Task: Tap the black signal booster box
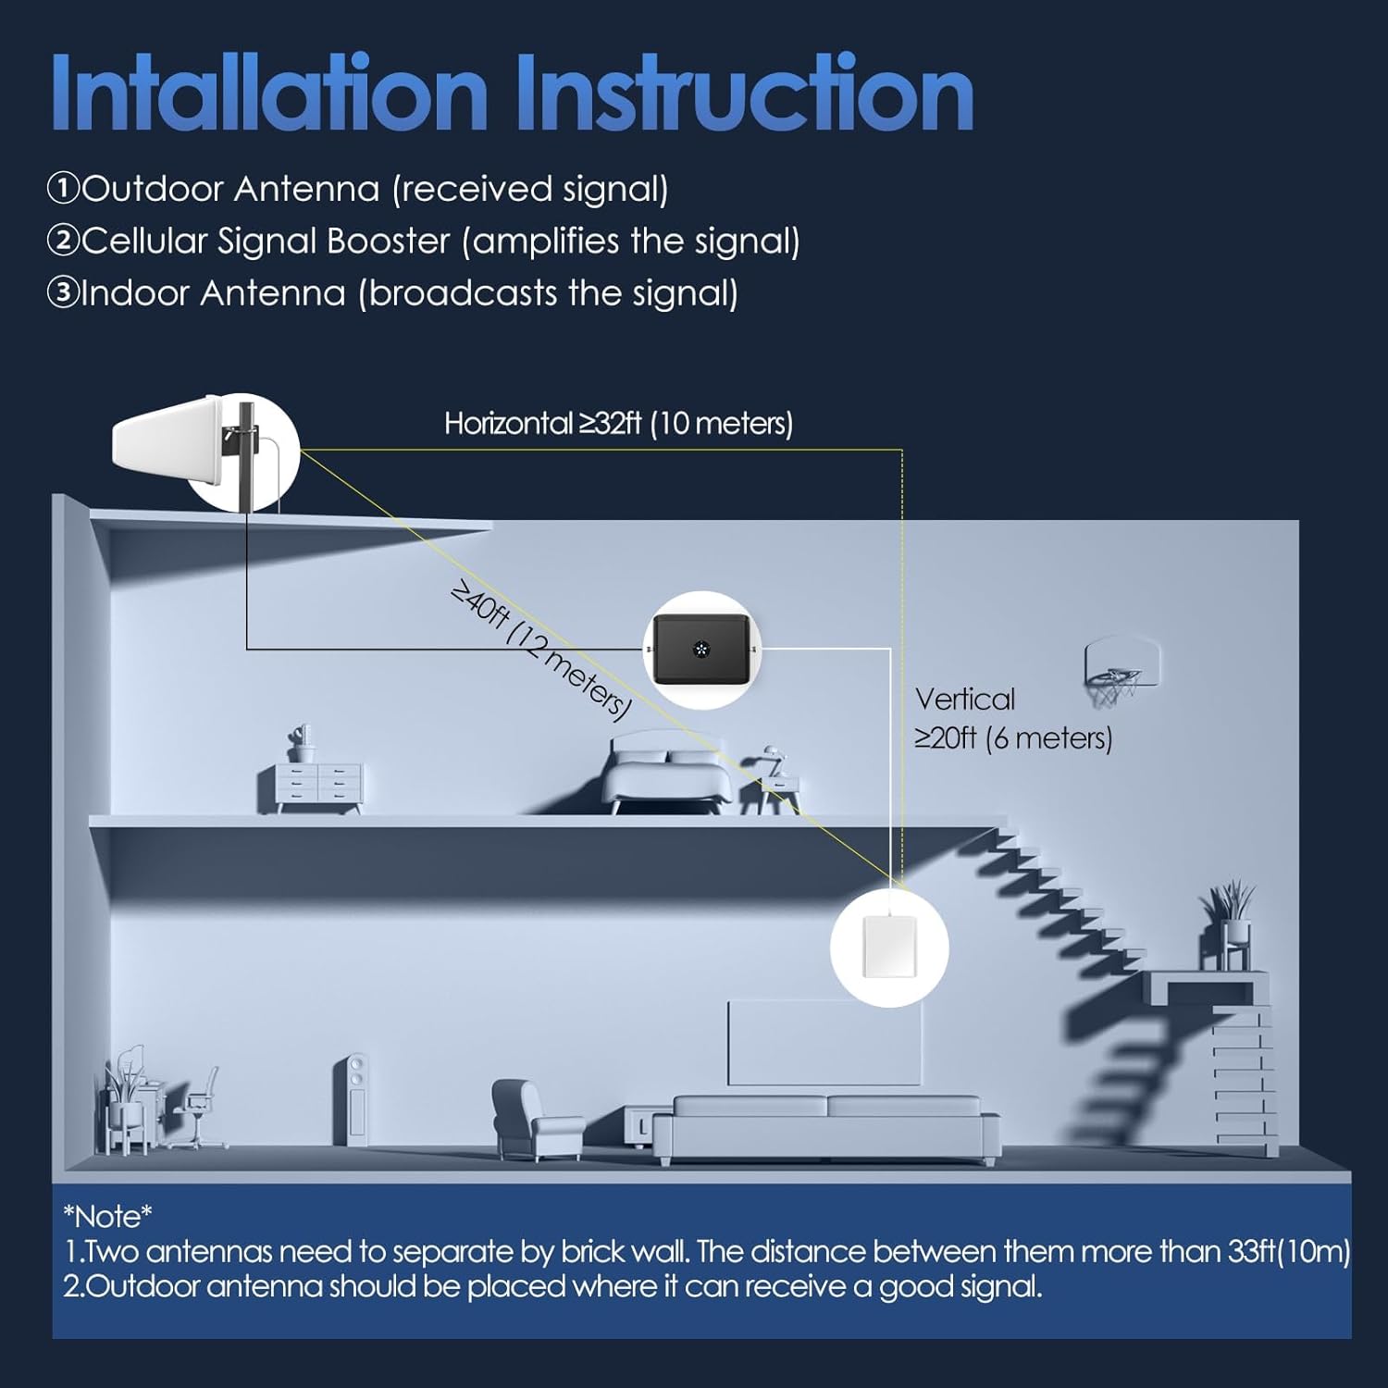pyautogui.click(x=701, y=650)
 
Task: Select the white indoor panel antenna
pyautogui.click(x=889, y=947)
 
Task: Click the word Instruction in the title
pyautogui.click(x=744, y=94)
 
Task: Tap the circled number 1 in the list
pyautogui.click(x=63, y=189)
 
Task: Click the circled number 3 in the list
pyautogui.click(x=63, y=293)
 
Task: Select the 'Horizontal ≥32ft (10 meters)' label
pyautogui.click(x=618, y=424)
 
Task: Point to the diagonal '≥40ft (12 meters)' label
pyautogui.click(x=540, y=651)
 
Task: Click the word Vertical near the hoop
pyautogui.click(x=964, y=700)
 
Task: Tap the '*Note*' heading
pyautogui.click(x=107, y=1216)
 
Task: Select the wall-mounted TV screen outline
pyautogui.click(x=824, y=1042)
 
